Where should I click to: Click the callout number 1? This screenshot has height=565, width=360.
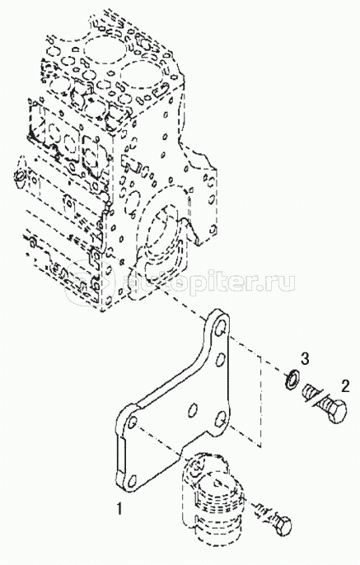point(119,509)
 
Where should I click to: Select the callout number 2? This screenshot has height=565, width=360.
point(345,386)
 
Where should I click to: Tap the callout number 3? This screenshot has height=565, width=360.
point(305,358)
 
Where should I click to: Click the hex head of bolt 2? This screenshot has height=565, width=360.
point(336,410)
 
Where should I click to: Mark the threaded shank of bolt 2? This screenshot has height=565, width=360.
point(315,395)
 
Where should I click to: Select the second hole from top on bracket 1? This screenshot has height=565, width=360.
point(221,360)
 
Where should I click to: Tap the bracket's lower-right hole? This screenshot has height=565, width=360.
point(220,419)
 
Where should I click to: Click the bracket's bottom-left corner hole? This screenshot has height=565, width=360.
point(133,481)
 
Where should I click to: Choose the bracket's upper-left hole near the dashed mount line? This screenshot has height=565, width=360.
point(133,422)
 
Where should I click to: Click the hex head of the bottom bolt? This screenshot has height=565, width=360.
point(282,525)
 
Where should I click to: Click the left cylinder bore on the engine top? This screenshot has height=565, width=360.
point(101,52)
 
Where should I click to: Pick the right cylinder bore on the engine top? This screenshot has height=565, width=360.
point(142,78)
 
